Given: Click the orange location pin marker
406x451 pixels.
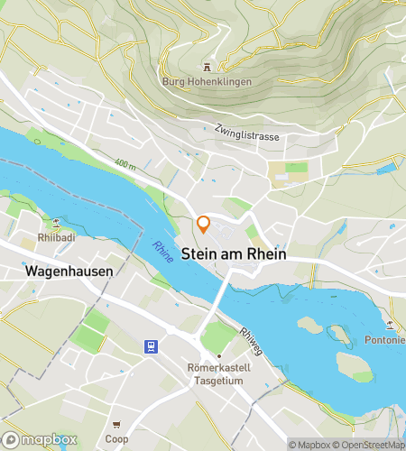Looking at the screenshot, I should pyautogui.click(x=204, y=225).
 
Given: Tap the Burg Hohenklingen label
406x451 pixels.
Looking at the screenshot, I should pyautogui.click(x=207, y=82).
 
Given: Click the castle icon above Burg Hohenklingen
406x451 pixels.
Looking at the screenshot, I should pyautogui.click(x=207, y=67).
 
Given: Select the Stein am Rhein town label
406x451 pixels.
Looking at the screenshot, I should pyautogui.click(x=234, y=255).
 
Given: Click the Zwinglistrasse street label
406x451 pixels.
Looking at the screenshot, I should pyautogui.click(x=247, y=135).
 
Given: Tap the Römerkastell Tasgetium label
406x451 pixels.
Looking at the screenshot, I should pyautogui.click(x=217, y=374).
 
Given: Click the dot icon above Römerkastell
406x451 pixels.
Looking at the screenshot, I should pyautogui.click(x=217, y=355).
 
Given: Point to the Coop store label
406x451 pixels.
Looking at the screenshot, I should pyautogui.click(x=115, y=439).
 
